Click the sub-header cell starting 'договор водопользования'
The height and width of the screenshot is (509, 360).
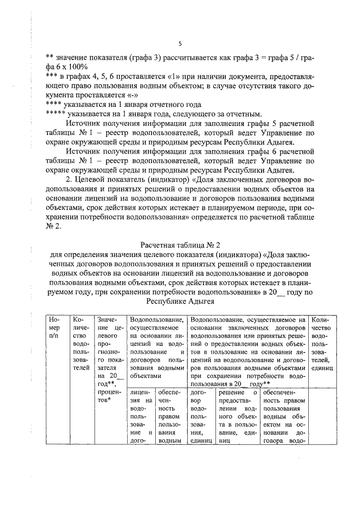point(201,416)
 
